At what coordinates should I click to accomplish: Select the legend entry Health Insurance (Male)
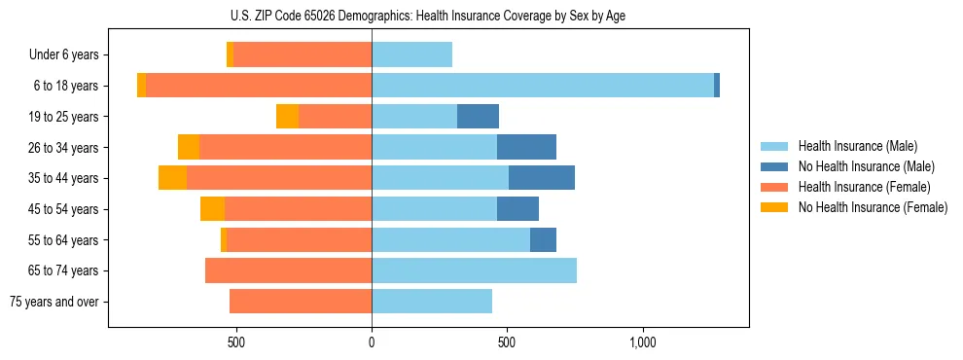(857, 146)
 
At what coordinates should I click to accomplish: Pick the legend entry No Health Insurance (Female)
(873, 207)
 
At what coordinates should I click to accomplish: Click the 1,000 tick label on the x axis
(643, 342)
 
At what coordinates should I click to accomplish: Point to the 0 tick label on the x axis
(372, 342)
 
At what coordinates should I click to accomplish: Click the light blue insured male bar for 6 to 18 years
(543, 86)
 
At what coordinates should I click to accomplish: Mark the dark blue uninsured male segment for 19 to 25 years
(478, 117)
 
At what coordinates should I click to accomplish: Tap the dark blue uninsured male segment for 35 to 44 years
(541, 178)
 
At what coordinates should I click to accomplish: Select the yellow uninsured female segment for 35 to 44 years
(172, 178)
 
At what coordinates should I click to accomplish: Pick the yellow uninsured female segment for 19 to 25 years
(287, 117)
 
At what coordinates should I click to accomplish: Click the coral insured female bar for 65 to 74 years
(288, 270)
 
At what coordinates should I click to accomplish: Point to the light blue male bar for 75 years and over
(432, 302)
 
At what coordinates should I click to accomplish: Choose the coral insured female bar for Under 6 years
(303, 55)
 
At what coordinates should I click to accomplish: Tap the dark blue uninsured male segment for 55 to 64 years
(543, 239)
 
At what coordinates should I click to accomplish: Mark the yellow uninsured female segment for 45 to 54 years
(212, 209)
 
